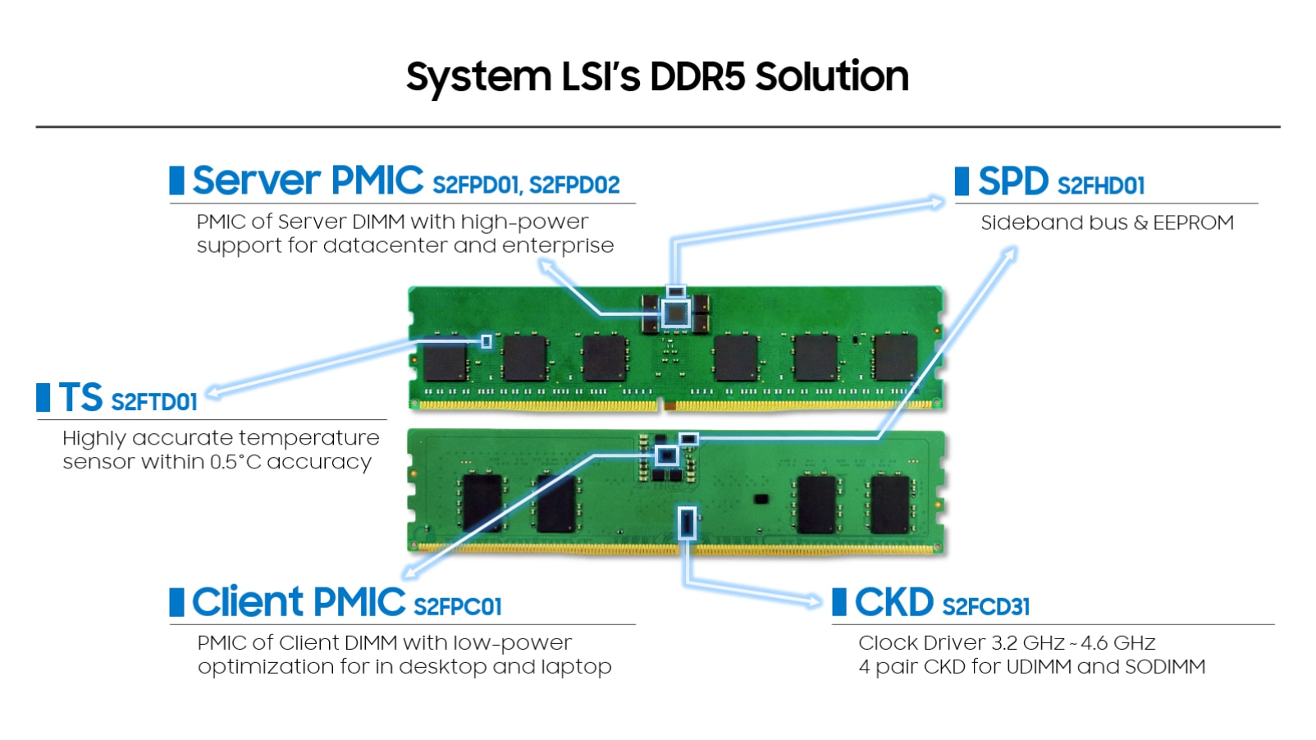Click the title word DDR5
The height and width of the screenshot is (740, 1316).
point(697,76)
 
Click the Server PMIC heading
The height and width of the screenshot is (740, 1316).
point(308,180)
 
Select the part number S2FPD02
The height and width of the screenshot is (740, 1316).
point(574,185)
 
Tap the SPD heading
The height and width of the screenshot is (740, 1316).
point(1012,181)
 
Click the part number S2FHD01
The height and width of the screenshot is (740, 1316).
point(1101,186)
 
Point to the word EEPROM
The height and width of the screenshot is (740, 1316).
point(1193,223)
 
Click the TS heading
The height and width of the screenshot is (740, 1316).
point(80,398)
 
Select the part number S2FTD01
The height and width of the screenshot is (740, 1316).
point(154,402)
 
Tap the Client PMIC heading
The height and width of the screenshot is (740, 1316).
point(299,602)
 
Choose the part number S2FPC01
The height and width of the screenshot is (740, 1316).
point(458,607)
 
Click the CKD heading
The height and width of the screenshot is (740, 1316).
point(893,602)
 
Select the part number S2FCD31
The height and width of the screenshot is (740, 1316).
point(985,607)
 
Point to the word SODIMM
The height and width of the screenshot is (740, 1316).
point(1165,667)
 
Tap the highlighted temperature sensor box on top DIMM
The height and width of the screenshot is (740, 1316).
point(487,340)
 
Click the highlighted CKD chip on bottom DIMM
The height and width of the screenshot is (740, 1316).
point(687,523)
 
